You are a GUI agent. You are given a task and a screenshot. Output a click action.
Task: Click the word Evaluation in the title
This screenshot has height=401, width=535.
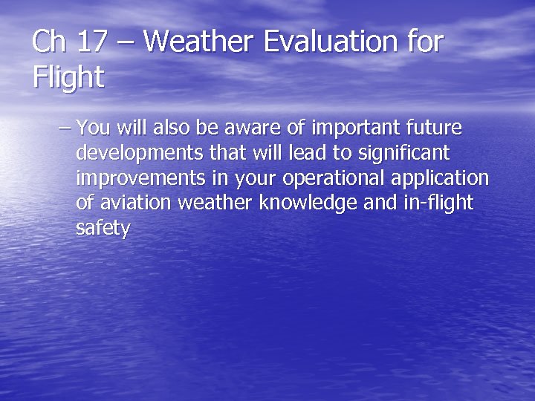(330, 42)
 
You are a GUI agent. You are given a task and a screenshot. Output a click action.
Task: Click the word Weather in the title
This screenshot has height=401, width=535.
(197, 42)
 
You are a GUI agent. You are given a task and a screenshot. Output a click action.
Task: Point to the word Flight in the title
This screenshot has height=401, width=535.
(68, 77)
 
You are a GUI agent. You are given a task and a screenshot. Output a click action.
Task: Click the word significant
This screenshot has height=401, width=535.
(406, 154)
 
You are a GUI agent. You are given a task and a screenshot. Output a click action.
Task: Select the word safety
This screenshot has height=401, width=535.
(103, 229)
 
